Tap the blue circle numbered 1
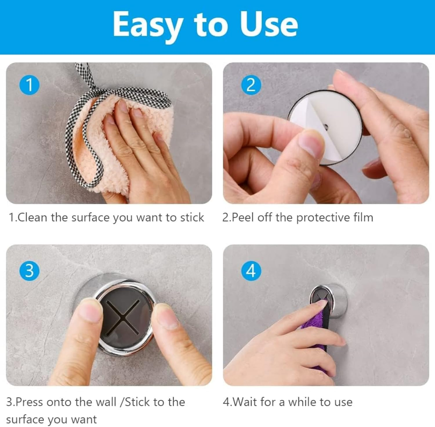pyautogui.click(x=29, y=85)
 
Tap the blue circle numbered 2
pyautogui.click(x=251, y=85)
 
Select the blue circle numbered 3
pyautogui.click(x=29, y=271)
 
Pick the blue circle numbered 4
pyautogui.click(x=251, y=271)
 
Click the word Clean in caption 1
pyautogui.click(x=32, y=217)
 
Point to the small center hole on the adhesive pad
pyautogui.click(x=326, y=127)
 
